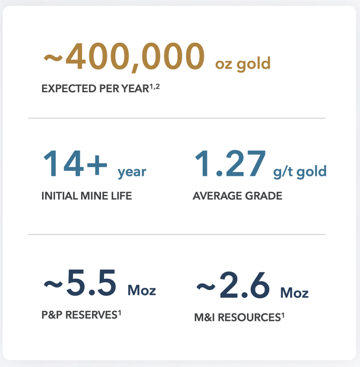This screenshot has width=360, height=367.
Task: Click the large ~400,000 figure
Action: point(124,57)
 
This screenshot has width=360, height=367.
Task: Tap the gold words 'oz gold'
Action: point(243,64)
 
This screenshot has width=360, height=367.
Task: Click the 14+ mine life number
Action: point(75,163)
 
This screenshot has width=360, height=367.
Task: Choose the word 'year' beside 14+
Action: point(132,172)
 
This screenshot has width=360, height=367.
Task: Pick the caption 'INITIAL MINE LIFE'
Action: point(87,197)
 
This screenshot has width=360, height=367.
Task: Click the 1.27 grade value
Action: point(229,163)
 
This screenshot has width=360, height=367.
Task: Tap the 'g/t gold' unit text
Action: point(300,171)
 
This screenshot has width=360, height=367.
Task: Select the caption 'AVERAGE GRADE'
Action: point(237,196)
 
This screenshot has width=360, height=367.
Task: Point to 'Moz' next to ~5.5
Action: point(142,291)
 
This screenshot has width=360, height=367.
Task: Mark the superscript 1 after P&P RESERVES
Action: point(120,312)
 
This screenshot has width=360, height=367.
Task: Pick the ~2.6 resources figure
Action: point(233,286)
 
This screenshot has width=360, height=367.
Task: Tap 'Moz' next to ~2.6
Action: point(294,293)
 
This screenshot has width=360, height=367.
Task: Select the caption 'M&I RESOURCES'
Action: point(236,318)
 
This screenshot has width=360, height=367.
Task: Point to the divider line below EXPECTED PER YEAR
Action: point(177,119)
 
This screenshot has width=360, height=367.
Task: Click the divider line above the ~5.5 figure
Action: point(177,234)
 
